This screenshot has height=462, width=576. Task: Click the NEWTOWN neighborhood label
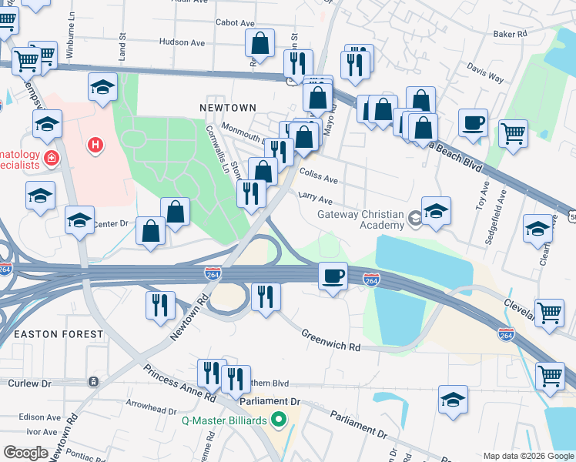point(227,108)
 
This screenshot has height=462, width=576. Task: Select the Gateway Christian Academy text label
point(361,219)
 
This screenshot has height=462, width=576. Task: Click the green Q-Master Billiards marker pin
point(280,420)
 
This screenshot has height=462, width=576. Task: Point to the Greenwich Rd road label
point(331,341)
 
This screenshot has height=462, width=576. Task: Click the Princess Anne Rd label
point(179,383)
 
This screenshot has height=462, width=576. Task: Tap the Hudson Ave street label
point(184,42)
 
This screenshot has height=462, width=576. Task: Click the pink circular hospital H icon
point(95,144)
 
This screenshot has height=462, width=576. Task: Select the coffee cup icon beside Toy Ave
point(473,122)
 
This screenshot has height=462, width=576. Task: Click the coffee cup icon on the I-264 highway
point(333,276)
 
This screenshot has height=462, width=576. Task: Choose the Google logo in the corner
point(25,453)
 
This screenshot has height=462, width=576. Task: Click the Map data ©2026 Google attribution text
point(527,455)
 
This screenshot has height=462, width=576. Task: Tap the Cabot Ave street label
point(235,24)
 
